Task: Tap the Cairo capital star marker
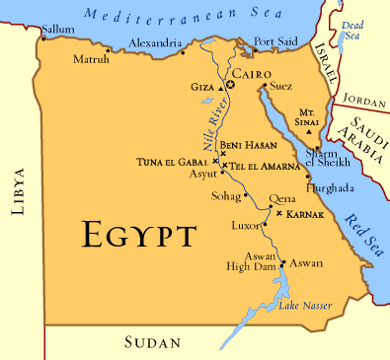[230, 85]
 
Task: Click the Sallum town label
[58, 31]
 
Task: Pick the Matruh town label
[92, 60]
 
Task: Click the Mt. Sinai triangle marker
[310, 132]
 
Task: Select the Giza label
[203, 87]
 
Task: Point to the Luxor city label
[243, 226]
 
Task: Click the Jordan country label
[364, 100]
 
